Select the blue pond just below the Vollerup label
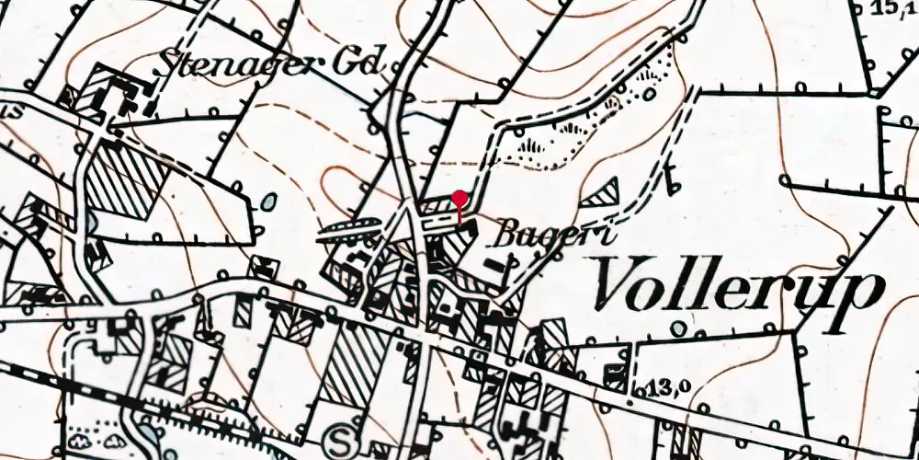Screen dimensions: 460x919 [678, 328]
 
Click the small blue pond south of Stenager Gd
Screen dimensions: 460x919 [267, 200]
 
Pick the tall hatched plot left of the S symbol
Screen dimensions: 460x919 [350, 367]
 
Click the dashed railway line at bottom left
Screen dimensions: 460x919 [55, 387]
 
